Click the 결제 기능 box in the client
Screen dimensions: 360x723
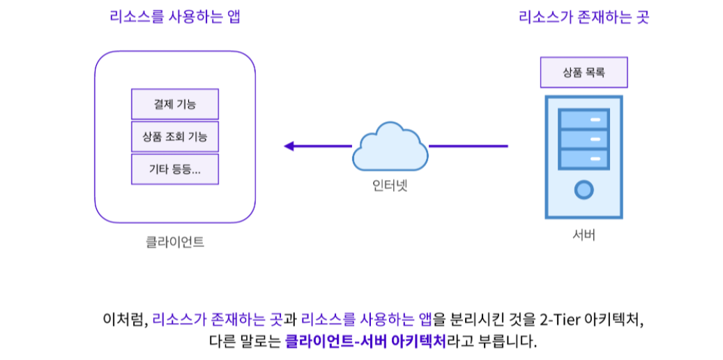click(x=174, y=104)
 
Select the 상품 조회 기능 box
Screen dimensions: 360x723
click(x=174, y=137)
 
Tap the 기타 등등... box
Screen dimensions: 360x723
click(x=174, y=169)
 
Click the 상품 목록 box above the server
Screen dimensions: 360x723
click(x=584, y=73)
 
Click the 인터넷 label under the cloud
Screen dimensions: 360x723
click(x=390, y=186)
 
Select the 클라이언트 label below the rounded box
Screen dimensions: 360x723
click(x=174, y=242)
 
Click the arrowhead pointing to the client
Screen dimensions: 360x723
click(x=289, y=146)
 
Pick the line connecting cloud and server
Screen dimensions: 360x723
click(x=468, y=146)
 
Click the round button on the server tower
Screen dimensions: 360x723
click(x=584, y=189)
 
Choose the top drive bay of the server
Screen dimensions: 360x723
click(x=584, y=119)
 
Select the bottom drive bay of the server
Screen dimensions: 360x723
click(x=584, y=159)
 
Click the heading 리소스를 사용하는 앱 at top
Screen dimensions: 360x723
click(x=174, y=17)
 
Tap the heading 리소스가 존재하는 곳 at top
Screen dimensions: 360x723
click(x=584, y=17)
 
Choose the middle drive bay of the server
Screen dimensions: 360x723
click(x=584, y=139)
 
